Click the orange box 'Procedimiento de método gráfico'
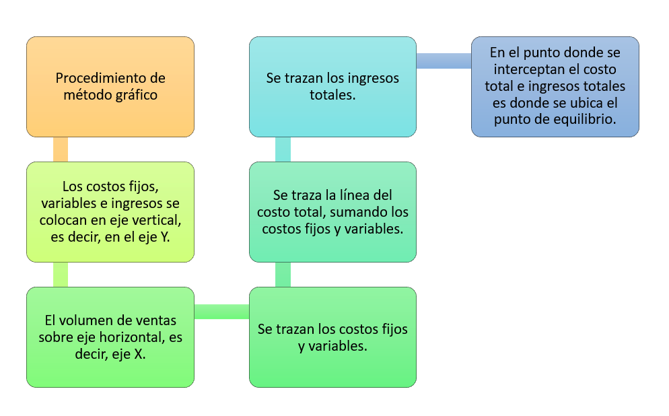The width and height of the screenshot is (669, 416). [110, 87]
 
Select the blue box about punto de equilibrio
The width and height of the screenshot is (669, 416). [555, 87]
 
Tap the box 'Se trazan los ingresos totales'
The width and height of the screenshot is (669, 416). [332, 87]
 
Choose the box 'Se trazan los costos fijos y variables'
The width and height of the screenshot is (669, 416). [332, 337]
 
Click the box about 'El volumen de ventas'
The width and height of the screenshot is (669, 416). [110, 337]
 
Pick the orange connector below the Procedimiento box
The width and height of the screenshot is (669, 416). [61, 149]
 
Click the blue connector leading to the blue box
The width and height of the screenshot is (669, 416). [444, 61]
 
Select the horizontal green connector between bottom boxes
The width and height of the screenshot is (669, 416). [221, 312]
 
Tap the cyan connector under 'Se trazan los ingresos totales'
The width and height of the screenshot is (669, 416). [283, 149]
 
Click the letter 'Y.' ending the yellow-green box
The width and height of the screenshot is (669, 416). [165, 237]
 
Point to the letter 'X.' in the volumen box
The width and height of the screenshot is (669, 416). [140, 354]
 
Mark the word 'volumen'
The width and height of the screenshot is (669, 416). [80, 320]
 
